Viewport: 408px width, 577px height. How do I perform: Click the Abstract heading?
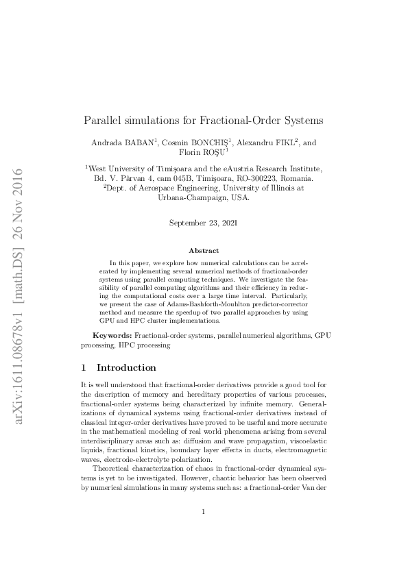[x=204, y=251]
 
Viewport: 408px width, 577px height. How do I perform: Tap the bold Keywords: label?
[x=112, y=336]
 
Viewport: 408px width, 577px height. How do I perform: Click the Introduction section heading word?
[x=126, y=368]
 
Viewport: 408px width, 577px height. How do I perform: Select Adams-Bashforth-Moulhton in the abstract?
[x=180, y=304]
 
